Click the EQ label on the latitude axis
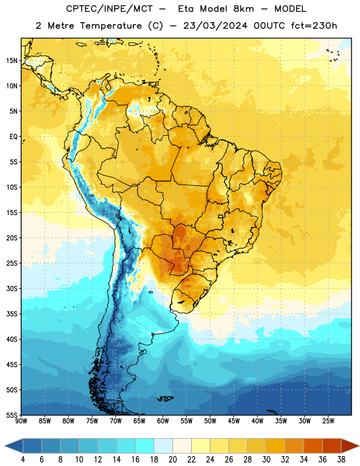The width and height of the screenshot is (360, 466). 13,137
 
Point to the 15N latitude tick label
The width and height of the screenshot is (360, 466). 12,61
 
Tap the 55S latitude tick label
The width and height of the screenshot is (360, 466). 12,415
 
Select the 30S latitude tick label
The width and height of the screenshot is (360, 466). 12,288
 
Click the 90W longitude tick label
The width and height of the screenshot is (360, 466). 21,421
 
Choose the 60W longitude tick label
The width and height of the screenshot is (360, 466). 163,421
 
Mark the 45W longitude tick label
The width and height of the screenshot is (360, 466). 234,421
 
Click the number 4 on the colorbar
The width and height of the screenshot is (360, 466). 23,460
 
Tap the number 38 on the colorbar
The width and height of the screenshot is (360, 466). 341,460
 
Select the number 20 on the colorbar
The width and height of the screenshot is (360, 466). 172,460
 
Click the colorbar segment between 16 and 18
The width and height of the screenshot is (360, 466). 145,446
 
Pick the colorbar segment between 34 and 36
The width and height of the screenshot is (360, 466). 313,446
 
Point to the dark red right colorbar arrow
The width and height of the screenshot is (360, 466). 350,446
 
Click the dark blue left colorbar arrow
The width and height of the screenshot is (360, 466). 13,446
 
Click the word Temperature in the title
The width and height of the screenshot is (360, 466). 111,26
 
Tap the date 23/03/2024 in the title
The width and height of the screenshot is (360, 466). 216,26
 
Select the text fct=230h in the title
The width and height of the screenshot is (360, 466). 314,26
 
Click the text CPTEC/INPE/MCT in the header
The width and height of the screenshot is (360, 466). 110,9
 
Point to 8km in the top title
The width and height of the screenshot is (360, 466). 243,9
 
